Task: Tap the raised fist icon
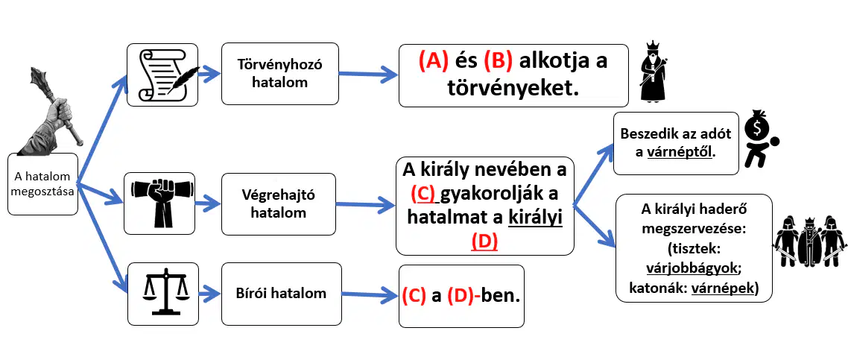[159, 203]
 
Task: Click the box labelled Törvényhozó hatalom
[279, 74]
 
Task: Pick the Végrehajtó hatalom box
[279, 203]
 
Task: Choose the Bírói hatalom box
[281, 294]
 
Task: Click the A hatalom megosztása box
[42, 184]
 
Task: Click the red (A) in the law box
[433, 61]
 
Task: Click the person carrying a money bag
[760, 139]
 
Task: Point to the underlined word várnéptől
[681, 153]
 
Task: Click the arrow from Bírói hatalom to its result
[369, 294]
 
